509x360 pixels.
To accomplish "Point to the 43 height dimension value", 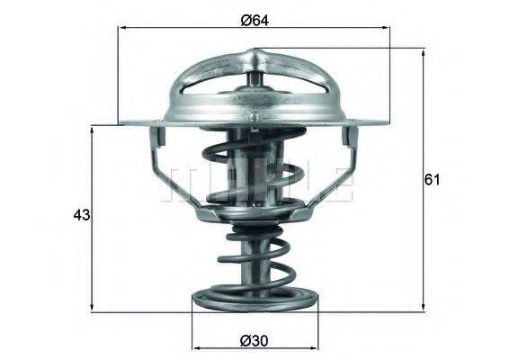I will click(81, 216).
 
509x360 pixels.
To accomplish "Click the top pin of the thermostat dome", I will click(255, 61).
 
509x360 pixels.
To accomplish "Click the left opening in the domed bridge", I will click(209, 94).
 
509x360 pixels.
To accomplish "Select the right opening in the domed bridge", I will click(299, 94).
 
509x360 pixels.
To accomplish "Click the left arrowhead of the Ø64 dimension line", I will click(123, 28).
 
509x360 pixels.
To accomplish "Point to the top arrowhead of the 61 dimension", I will click(423, 55).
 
